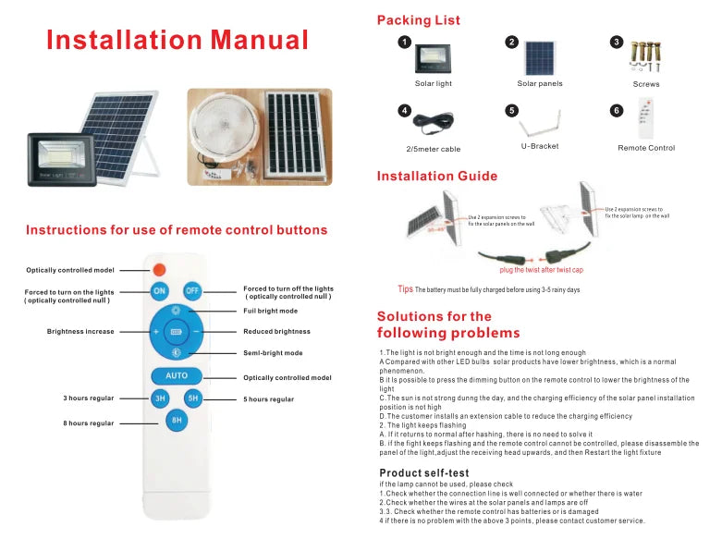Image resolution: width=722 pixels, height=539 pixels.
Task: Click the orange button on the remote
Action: point(158,269)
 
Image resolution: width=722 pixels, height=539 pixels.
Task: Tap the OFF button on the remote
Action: point(192,290)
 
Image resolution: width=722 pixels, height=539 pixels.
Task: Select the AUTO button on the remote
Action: point(177,376)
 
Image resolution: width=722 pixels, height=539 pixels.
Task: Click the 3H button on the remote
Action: point(160,398)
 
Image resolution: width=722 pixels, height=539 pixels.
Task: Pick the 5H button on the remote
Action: point(193,398)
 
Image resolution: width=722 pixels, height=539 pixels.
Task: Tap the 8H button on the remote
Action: point(177,420)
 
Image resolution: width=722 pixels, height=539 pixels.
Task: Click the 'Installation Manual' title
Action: point(177,40)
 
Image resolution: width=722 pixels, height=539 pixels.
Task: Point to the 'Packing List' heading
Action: point(418,19)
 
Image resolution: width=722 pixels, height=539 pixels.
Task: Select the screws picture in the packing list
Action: point(645,56)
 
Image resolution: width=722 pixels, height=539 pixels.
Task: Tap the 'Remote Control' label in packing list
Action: point(645,148)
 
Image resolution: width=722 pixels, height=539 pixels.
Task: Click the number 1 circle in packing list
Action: point(404,43)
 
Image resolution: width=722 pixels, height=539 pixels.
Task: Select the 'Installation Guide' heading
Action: point(437,176)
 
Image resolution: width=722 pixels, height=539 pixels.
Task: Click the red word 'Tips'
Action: point(405,289)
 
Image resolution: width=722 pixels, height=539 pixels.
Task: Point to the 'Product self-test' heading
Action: point(430,472)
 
